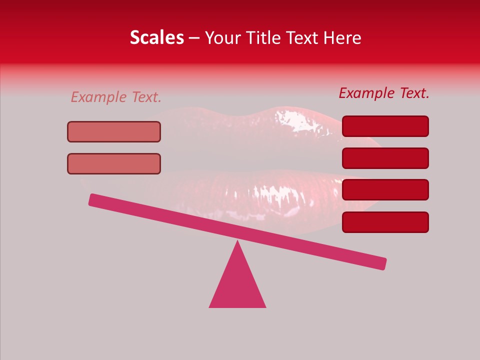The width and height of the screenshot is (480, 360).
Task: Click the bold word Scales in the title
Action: click(x=156, y=37)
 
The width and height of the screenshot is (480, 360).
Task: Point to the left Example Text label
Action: click(x=116, y=97)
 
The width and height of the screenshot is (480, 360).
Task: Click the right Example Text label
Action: click(x=384, y=93)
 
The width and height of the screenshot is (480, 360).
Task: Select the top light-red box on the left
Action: click(x=114, y=131)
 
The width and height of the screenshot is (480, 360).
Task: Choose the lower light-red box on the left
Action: click(x=114, y=163)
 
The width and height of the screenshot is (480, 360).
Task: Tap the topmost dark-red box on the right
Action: click(x=385, y=126)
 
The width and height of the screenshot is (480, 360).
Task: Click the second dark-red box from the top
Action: click(x=385, y=158)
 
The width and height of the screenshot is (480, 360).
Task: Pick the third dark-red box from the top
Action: click(x=385, y=189)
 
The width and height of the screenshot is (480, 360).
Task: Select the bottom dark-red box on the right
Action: click(x=385, y=222)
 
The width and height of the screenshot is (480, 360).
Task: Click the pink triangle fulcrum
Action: click(x=237, y=285)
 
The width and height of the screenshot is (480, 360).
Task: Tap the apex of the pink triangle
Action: click(x=237, y=242)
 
